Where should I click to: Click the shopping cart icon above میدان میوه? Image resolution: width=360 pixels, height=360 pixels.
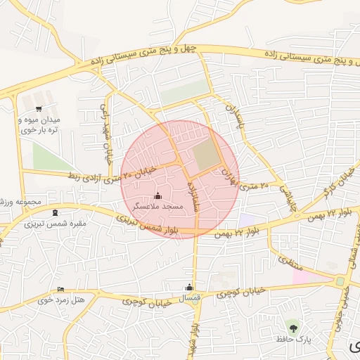click(38, 108)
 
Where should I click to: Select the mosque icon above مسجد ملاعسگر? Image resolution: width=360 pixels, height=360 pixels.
click(157, 195)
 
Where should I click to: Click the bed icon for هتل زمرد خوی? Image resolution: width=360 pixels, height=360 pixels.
click(60, 289)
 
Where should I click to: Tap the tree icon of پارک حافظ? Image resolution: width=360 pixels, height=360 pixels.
click(293, 328)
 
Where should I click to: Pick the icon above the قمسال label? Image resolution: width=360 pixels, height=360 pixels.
click(189, 287)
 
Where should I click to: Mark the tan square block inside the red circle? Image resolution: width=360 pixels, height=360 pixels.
click(206, 155)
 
